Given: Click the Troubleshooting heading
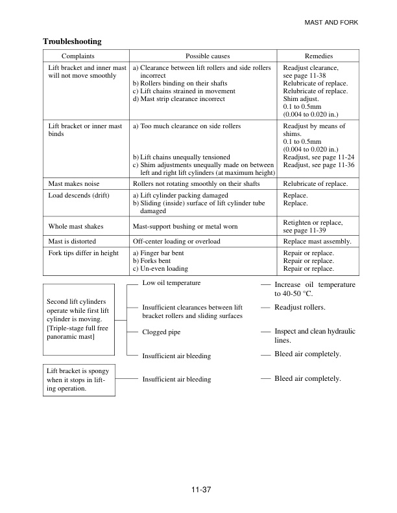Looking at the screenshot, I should pos(72,41).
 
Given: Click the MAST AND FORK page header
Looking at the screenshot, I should pos(330,23).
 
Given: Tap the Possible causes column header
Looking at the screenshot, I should pos(203,56).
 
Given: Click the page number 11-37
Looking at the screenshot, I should pos(201,488).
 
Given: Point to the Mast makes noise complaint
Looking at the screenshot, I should pos(74,184).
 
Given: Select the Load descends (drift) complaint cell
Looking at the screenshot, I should pos(78,195).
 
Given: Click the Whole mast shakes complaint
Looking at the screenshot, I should pos(76,227).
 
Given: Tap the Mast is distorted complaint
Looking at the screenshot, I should pos(73,241).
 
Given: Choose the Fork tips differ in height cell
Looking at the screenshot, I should pos(84,253).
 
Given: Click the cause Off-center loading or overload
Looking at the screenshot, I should pos(176,241).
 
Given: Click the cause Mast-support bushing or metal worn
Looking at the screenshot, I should pos(185,227).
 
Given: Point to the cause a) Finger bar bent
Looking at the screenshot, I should pos(159,253).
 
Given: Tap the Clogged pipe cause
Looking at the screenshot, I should pos(162,332).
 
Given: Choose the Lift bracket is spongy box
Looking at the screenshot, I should pos(80,379).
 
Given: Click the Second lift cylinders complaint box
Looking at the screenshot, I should pos(80,319).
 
